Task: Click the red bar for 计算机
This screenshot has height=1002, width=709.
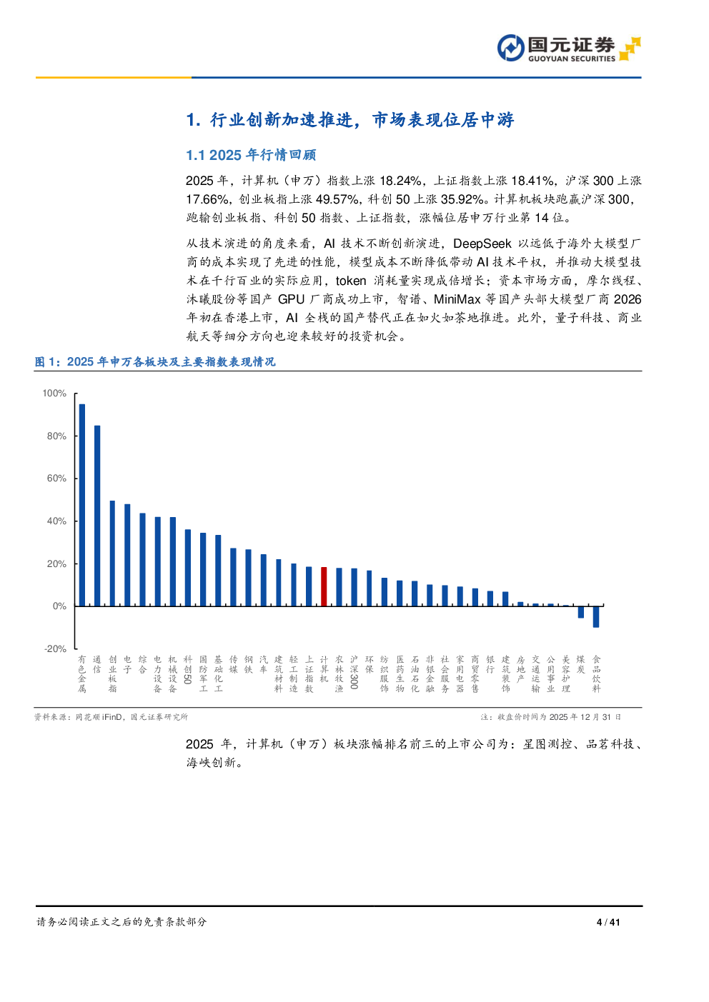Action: pyautogui.click(x=324, y=586)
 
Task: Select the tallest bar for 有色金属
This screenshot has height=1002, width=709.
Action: pyautogui.click(x=82, y=505)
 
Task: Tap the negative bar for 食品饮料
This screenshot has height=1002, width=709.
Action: pyautogui.click(x=596, y=617)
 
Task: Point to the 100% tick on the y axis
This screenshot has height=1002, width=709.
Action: pyautogui.click(x=54, y=394)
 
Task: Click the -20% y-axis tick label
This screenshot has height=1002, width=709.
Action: pyautogui.click(x=55, y=649)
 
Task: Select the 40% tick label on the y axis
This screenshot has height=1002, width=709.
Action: pyautogui.click(x=56, y=521)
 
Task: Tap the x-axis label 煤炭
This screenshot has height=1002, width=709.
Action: pyautogui.click(x=581, y=664)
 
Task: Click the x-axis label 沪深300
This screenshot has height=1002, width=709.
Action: pyautogui.click(x=354, y=672)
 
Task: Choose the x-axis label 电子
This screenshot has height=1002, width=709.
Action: pyautogui.click(x=127, y=664)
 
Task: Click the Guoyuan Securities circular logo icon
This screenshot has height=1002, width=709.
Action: pyautogui.click(x=510, y=49)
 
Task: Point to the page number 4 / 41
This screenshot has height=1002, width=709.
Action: pyautogui.click(x=608, y=922)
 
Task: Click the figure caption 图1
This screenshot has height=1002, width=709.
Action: pyautogui.click(x=154, y=362)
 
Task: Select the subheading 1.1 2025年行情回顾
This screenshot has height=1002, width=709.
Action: pyautogui.click(x=250, y=155)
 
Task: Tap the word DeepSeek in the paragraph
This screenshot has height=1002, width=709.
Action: pyautogui.click(x=482, y=244)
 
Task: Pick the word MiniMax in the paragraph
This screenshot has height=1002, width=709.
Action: pyautogui.click(x=457, y=299)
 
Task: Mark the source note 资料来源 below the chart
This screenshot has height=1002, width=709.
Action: pyautogui.click(x=111, y=717)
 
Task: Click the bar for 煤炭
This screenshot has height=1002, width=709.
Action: pyautogui.click(x=581, y=612)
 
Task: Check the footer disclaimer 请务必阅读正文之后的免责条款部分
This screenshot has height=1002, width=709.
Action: pyautogui.click(x=122, y=922)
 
